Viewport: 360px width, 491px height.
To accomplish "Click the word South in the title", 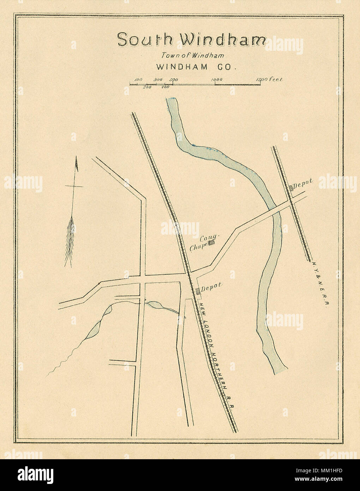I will (x=144, y=39).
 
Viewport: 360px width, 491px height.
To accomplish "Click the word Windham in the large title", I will (x=222, y=40).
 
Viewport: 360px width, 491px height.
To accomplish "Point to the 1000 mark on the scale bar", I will (x=216, y=80).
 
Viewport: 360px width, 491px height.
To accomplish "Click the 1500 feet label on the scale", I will (x=270, y=79).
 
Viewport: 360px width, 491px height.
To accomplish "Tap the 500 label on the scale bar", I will (x=173, y=80).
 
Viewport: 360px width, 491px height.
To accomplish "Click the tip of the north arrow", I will (x=76, y=164).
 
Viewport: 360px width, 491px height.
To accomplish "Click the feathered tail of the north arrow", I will (x=70, y=240).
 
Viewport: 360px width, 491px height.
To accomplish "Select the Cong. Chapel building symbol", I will (x=211, y=243).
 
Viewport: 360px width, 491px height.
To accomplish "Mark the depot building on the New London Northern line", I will (x=198, y=290).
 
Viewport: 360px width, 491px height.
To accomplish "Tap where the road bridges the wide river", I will (x=276, y=211).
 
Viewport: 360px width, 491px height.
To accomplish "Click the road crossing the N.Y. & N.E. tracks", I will (x=293, y=202).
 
